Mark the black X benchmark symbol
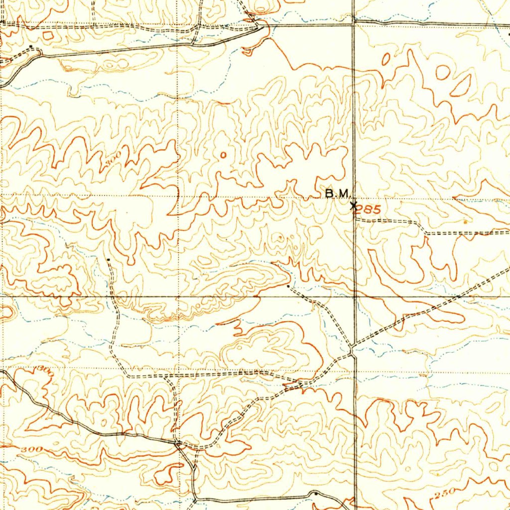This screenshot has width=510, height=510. [x=353, y=205]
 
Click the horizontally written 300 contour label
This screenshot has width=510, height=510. [x=32, y=450]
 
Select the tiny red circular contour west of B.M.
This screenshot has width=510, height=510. [x=223, y=154]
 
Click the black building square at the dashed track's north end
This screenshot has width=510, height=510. [x=109, y=259]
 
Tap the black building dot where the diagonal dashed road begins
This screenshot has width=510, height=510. [x=289, y=286]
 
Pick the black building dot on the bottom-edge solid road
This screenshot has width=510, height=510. [x=315, y=493]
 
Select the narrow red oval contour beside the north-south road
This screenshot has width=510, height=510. [x=385, y=59]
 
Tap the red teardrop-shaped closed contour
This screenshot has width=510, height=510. [x=461, y=85]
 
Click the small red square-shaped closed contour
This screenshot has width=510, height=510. [x=48, y=35]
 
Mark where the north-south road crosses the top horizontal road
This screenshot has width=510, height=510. [x=353, y=22]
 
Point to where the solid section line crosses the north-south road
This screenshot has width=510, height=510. [x=354, y=297]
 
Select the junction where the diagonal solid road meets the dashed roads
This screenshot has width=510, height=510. [x=177, y=442]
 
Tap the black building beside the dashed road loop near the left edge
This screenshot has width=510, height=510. [x=32, y=46]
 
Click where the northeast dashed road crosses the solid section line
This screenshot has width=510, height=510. [x=457, y=297]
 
